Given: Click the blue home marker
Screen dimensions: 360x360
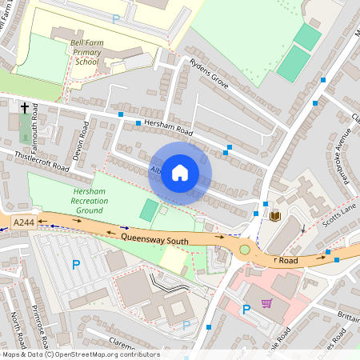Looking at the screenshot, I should [x=180, y=173].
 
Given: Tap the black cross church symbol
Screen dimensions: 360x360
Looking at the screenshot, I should [x=25, y=107].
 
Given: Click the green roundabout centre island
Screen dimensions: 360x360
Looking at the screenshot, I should [x=245, y=250].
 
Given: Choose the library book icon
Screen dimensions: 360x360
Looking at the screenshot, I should [x=276, y=216].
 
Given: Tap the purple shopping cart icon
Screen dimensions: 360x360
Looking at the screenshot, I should [x=266, y=303].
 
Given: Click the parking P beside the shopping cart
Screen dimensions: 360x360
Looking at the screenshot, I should [x=246, y=308].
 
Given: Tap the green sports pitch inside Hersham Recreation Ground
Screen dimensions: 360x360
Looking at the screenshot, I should [x=149, y=210].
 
